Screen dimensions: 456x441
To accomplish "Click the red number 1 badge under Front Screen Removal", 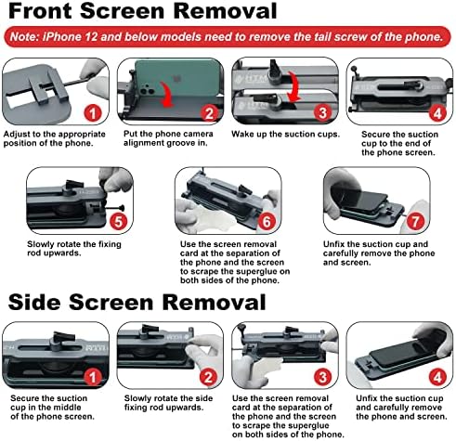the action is tap(93, 113).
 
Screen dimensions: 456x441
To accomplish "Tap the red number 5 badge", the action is tap(119, 222).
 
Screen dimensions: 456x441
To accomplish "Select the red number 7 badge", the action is tap(415, 222).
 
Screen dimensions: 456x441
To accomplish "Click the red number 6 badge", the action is tap(267, 222).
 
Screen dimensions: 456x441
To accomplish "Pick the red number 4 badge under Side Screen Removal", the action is tap(437, 377).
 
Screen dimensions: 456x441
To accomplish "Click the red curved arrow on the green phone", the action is tap(167, 95).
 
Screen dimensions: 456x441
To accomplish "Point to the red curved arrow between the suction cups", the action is tap(294, 86).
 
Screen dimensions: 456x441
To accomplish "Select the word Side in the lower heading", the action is tap(34, 302).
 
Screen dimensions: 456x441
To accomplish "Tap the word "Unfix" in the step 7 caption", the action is tap(333, 244).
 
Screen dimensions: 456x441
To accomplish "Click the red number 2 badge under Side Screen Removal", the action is tap(208, 377).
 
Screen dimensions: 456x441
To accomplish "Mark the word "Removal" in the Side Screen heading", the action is tap(214, 302).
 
